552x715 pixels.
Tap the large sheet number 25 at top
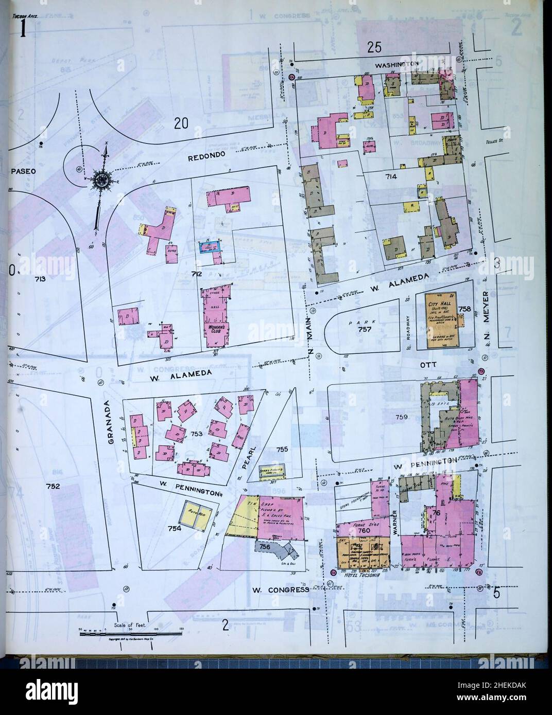tap(374, 48)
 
